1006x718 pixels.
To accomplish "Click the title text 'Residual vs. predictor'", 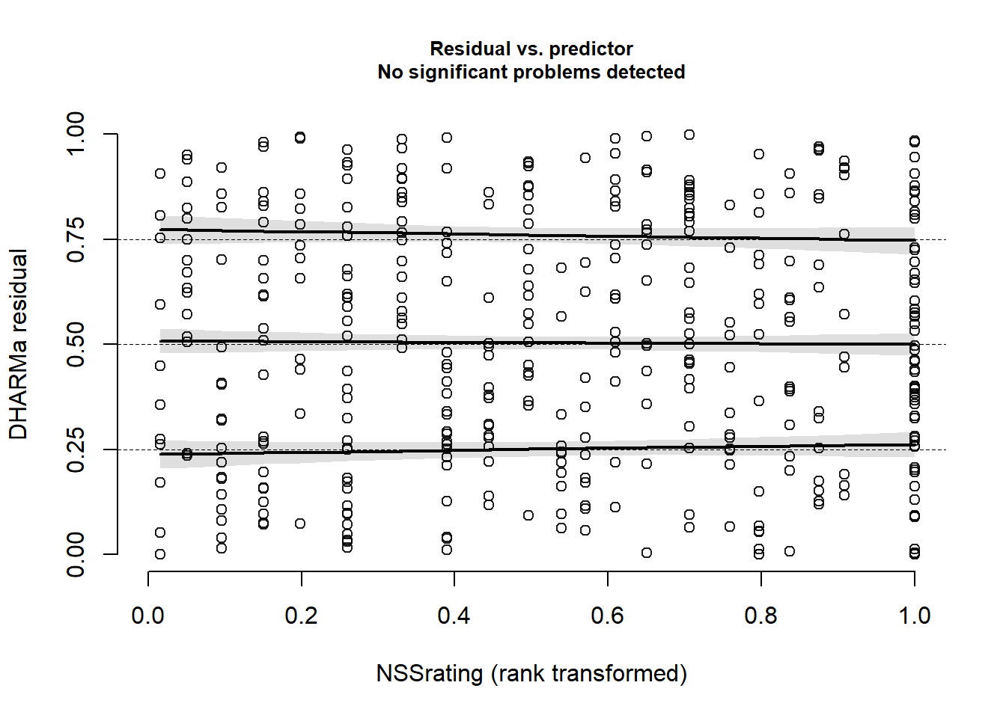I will click(x=531, y=49).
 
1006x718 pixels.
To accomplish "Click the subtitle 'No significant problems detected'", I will click(x=531, y=72).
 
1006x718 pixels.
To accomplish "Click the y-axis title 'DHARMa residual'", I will click(x=18, y=344).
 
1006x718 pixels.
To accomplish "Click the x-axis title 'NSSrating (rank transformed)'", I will click(x=531, y=673).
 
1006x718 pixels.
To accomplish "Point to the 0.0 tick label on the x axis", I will click(x=148, y=616).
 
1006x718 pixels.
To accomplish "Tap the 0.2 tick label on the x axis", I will click(x=301, y=616).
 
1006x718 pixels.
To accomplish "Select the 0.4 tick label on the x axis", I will click(x=454, y=616).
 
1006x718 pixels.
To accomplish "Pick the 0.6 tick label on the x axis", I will click(x=607, y=616).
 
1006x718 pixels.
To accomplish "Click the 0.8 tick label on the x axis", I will click(x=760, y=616).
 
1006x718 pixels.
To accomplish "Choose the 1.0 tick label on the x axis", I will click(x=914, y=616).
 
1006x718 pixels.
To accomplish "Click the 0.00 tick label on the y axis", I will click(x=76, y=554).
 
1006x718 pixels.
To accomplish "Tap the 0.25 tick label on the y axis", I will click(x=76, y=449).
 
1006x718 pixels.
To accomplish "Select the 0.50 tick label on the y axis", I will click(x=76, y=344).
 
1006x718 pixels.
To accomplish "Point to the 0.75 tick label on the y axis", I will click(x=76, y=239).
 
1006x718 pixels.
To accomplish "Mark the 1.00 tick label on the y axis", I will click(x=76, y=134).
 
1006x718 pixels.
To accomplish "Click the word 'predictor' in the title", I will click(x=591, y=49).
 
